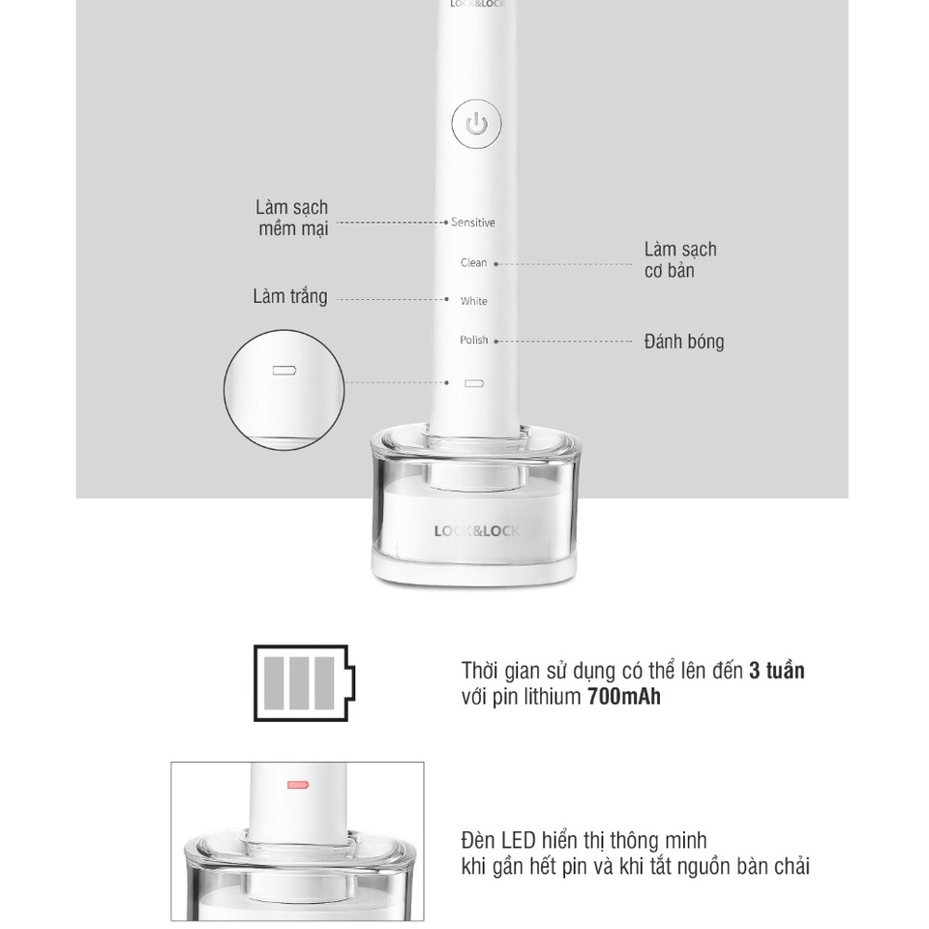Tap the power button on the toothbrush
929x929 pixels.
tap(476, 125)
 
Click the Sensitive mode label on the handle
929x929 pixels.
tap(473, 223)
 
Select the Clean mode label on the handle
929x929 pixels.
tap(474, 262)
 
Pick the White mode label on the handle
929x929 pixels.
tap(474, 301)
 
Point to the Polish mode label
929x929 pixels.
tap(474, 340)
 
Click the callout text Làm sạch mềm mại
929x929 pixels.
tap(292, 218)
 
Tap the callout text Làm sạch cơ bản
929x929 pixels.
tap(680, 259)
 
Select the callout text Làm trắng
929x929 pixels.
tap(290, 296)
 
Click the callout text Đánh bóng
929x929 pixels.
tap(684, 342)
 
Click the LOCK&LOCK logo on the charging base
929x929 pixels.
tap(476, 531)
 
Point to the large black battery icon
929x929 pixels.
tap(304, 683)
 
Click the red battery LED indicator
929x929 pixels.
tap(298, 785)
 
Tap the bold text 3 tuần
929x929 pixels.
tap(777, 671)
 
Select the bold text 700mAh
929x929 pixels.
tap(624, 697)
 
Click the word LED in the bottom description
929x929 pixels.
tap(519, 841)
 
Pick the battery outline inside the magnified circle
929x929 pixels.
tap(285, 371)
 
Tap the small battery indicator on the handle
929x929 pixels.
tap(474, 383)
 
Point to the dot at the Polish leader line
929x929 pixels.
tap(495, 342)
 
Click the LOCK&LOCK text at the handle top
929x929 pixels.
tap(477, 4)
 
